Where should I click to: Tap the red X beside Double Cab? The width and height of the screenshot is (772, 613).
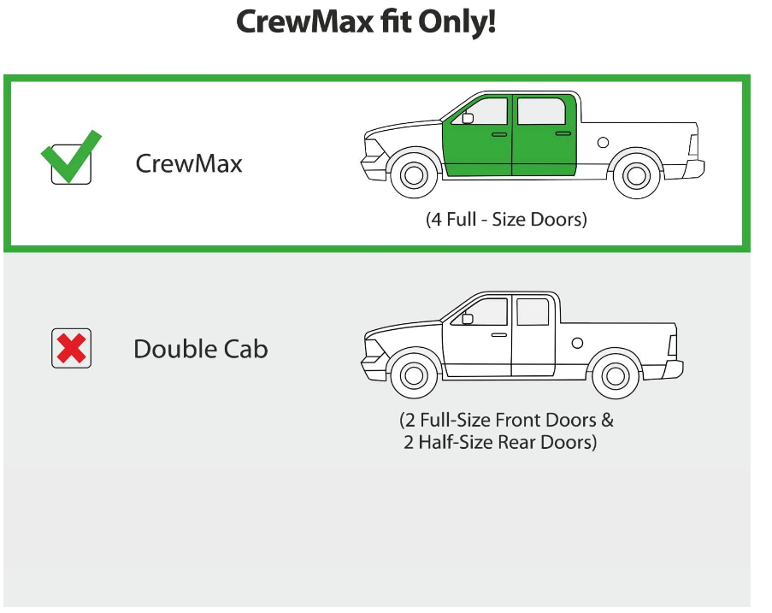pyautogui.click(x=71, y=348)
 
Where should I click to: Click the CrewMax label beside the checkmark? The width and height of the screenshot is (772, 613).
pyautogui.click(x=189, y=163)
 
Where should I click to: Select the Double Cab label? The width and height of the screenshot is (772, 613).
pyautogui.click(x=200, y=349)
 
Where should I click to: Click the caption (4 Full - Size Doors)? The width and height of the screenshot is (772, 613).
pyautogui.click(x=506, y=219)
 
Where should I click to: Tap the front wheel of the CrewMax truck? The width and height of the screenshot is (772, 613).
pyautogui.click(x=414, y=174)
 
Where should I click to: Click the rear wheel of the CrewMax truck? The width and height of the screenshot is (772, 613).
pyautogui.click(x=636, y=174)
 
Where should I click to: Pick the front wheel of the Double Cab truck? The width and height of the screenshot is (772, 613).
pyautogui.click(x=414, y=374)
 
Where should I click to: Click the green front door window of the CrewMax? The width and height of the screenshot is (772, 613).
pyautogui.click(x=486, y=113)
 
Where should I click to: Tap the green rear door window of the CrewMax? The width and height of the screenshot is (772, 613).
pyautogui.click(x=541, y=111)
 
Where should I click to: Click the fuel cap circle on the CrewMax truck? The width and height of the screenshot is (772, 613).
pyautogui.click(x=603, y=142)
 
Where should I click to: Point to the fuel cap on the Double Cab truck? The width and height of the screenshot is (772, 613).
pyautogui.click(x=577, y=342)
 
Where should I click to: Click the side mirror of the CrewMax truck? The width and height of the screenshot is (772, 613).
pyautogui.click(x=468, y=119)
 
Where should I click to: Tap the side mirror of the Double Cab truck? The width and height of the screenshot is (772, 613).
pyautogui.click(x=468, y=319)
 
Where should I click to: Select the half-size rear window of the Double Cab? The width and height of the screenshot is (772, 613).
pyautogui.click(x=533, y=312)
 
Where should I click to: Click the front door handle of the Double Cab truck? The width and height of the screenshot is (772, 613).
pyautogui.click(x=499, y=334)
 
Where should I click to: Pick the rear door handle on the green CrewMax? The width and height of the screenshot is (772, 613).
pyautogui.click(x=563, y=133)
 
